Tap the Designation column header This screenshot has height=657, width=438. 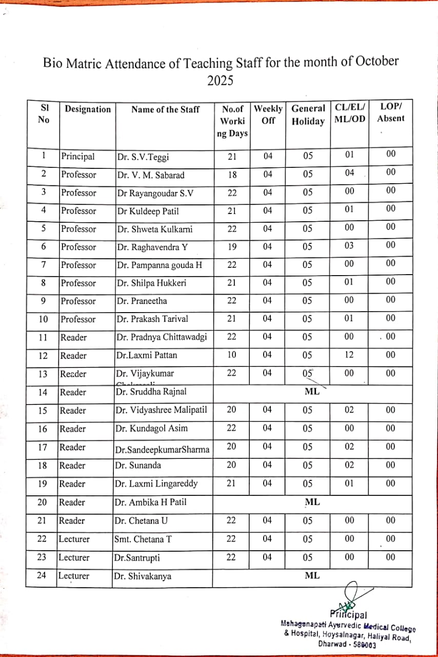click(x=88, y=109)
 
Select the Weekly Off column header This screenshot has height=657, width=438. click(x=268, y=114)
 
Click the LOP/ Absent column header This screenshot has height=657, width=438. click(x=391, y=112)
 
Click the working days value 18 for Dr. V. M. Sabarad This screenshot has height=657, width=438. click(x=232, y=175)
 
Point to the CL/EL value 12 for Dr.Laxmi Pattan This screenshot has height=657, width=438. click(x=349, y=355)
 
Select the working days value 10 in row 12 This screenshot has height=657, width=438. click(x=232, y=355)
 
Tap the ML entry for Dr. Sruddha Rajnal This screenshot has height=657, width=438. click(x=312, y=391)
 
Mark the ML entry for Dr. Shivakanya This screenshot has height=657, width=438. click(x=312, y=575)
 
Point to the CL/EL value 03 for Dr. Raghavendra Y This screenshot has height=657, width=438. click(x=349, y=245)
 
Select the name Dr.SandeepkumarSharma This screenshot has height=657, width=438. click(x=162, y=450)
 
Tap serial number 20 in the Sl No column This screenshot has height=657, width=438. click(x=43, y=502)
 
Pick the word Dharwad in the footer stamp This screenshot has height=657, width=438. click(x=333, y=643)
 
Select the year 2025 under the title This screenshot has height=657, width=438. click(x=220, y=81)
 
